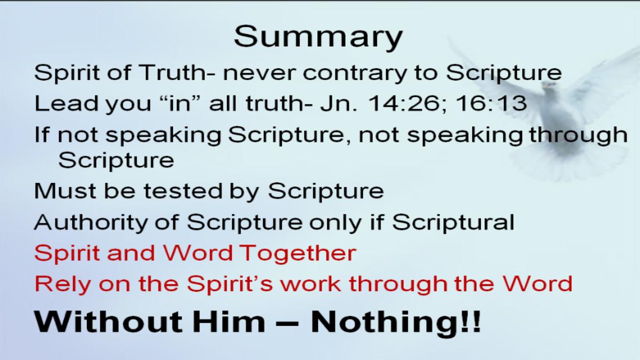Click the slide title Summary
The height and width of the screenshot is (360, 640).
pyautogui.click(x=318, y=38)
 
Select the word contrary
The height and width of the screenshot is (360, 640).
pyautogui.click(x=355, y=74)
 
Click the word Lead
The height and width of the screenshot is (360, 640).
pyautogui.click(x=67, y=103)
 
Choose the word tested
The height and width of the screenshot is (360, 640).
pyautogui.click(x=183, y=190)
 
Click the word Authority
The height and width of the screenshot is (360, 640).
pyautogui.click(x=91, y=223)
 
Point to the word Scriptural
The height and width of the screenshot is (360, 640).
pyautogui.click(x=453, y=222)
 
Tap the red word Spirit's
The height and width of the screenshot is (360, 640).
pyautogui.click(x=230, y=285)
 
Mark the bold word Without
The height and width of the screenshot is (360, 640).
pyautogui.click(x=108, y=322)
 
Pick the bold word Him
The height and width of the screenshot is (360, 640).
pyautogui.click(x=229, y=322)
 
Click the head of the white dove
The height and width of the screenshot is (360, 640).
pyautogui.click(x=549, y=86)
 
